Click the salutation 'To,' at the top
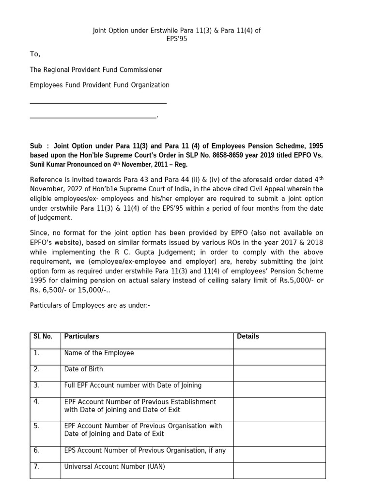[35, 54]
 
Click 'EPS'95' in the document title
[176, 39]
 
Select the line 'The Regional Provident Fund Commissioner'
[96, 70]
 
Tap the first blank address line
[98, 102]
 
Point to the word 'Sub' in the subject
[36, 146]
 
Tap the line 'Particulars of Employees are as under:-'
[90, 305]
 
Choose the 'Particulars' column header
[81, 336]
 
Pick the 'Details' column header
[248, 336]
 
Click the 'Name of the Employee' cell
[99, 353]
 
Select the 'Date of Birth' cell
[83, 369]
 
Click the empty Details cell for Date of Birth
[279, 373]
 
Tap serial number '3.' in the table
[37, 385]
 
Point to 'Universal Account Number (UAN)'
[114, 466]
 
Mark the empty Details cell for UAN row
[279, 470]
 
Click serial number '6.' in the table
[37, 450]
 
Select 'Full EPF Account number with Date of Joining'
[133, 385]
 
